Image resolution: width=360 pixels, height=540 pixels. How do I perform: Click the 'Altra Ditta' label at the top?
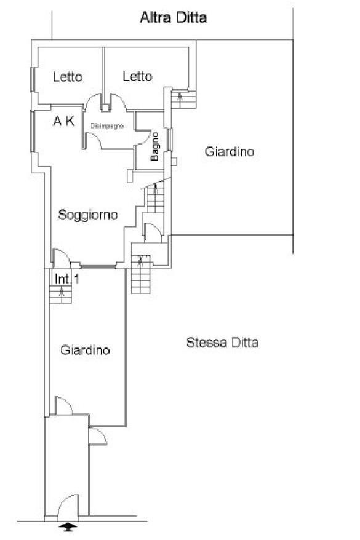[x=174, y=18]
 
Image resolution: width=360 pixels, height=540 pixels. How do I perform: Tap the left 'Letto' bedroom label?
[x=68, y=77]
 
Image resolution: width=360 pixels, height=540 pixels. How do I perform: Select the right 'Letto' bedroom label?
[x=137, y=76]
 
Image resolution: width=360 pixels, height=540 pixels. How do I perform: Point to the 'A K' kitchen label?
[x=64, y=121]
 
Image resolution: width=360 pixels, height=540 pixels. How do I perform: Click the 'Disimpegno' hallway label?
[x=107, y=126]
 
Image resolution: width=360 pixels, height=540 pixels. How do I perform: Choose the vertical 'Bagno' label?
[x=154, y=146]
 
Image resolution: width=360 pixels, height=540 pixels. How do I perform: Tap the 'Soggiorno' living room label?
[x=88, y=215]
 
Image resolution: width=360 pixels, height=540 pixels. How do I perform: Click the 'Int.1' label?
[x=67, y=279]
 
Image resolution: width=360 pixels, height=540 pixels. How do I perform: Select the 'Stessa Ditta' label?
[x=222, y=343]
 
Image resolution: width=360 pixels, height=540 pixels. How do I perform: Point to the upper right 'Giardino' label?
[x=230, y=151]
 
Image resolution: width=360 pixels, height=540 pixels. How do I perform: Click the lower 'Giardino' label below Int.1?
[x=85, y=350]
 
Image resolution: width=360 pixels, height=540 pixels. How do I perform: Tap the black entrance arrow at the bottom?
[x=68, y=526]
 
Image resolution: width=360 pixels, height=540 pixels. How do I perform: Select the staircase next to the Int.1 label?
[x=61, y=295]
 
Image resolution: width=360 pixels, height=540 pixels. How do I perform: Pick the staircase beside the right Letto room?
[x=183, y=99]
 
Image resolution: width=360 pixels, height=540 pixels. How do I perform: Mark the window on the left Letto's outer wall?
[x=33, y=79]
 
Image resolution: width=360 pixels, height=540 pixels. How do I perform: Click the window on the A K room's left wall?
[x=33, y=132]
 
